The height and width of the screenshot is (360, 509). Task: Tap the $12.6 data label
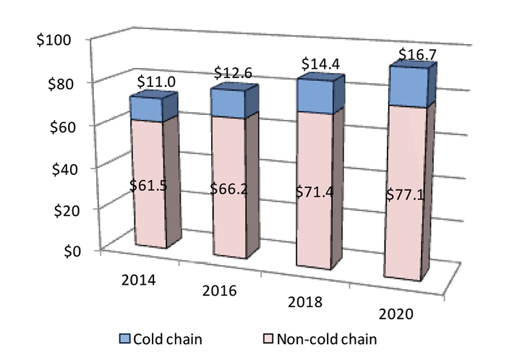[x=234, y=74]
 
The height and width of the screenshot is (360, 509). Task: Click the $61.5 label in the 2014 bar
[x=148, y=185]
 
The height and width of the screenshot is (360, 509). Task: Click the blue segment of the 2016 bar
[x=228, y=103]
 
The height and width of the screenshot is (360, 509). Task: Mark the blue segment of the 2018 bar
[x=312, y=96]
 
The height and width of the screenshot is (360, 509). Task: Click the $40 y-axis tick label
[x=54, y=167]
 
